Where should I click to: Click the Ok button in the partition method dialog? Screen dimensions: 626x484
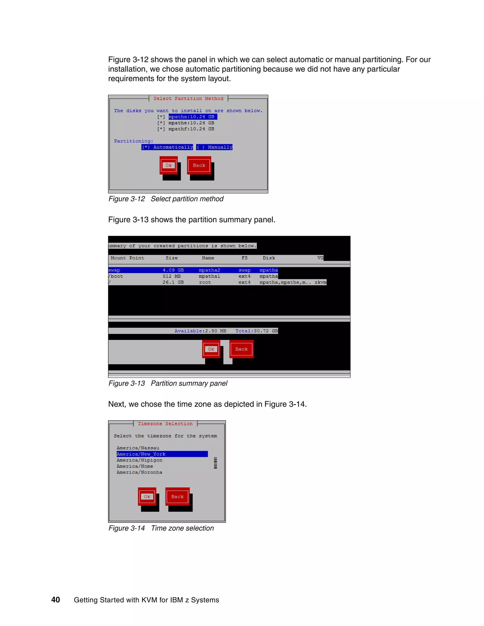click(x=169, y=165)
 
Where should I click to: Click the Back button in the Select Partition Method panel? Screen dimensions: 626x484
click(x=199, y=165)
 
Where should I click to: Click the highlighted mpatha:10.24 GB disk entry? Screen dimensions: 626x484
click(x=192, y=117)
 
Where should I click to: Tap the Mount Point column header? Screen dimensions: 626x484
click(x=127, y=258)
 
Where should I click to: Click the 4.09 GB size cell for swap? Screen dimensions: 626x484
click(x=173, y=270)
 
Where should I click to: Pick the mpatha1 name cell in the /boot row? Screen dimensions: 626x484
click(x=209, y=276)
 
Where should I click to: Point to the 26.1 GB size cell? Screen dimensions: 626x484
click(x=173, y=282)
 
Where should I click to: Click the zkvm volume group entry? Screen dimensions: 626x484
click(x=320, y=282)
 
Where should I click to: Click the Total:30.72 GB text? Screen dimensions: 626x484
click(x=256, y=331)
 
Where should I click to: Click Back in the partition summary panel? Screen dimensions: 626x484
click(x=242, y=349)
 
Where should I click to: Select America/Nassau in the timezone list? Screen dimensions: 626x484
click(x=138, y=448)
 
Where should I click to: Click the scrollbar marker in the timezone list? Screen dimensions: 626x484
click(x=215, y=463)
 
